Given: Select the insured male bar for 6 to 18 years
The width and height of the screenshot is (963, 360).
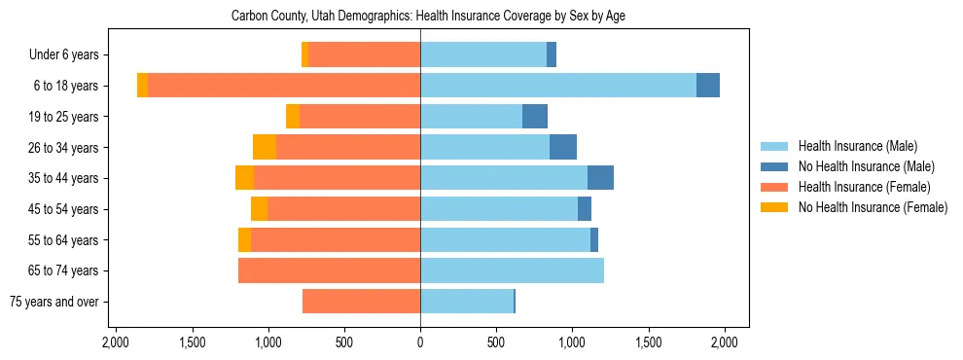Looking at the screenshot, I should (557, 86).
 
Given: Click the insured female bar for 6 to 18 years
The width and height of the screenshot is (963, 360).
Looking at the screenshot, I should (284, 86).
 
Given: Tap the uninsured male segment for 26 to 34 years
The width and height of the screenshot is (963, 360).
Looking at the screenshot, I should (563, 147).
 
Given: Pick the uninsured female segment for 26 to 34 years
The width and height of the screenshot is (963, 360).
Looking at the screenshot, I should (265, 147).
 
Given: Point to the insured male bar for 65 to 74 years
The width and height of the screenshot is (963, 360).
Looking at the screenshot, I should (512, 270).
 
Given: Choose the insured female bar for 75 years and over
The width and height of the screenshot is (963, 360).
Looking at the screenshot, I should (361, 302).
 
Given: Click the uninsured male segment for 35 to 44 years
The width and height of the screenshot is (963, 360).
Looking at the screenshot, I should (600, 178).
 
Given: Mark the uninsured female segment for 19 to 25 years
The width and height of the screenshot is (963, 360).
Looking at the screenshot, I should (293, 117).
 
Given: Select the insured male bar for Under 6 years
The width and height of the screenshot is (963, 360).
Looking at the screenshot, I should (483, 54).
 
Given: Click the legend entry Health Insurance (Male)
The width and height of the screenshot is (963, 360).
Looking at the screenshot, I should (852, 146).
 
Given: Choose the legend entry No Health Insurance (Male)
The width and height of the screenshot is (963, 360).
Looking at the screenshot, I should (859, 166).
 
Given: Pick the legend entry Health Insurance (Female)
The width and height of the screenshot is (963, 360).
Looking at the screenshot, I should (852, 187).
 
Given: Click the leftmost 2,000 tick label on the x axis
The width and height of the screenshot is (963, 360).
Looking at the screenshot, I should (116, 342).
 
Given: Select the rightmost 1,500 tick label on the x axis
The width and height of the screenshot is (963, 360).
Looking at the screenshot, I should (648, 342).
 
